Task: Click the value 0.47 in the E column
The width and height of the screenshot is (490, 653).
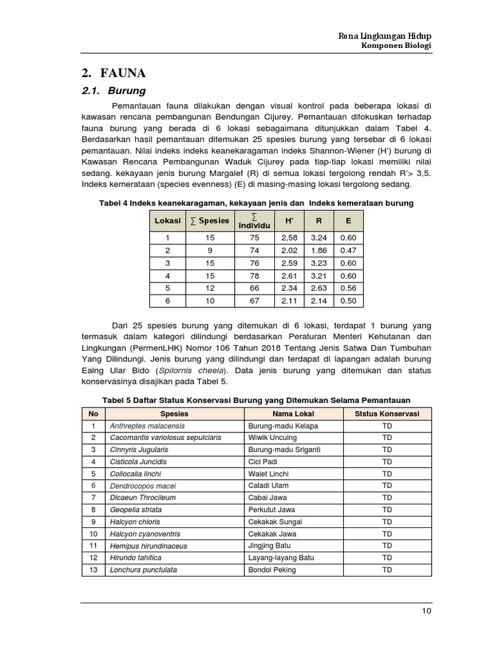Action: (x=348, y=251)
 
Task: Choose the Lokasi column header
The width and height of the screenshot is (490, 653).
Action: (x=167, y=221)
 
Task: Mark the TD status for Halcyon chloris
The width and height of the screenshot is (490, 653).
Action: (x=387, y=522)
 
